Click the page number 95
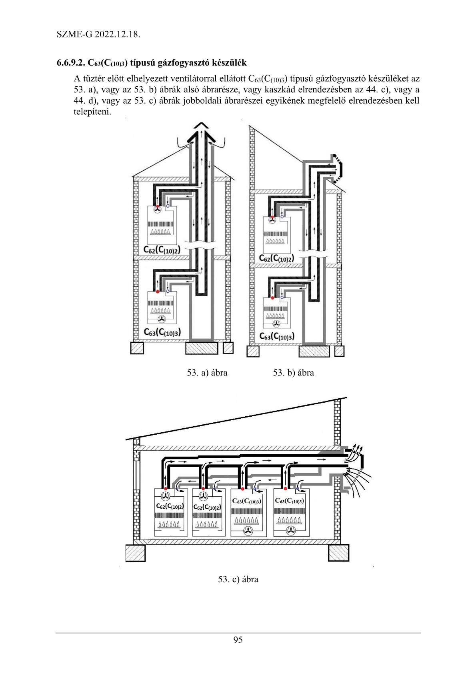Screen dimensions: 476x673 pyautogui.click(x=238, y=640)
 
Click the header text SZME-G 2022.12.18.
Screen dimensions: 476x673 pyautogui.click(x=98, y=34)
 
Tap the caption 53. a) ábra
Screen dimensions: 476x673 pyautogui.click(x=207, y=373)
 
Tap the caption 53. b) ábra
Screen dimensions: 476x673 pyautogui.click(x=294, y=373)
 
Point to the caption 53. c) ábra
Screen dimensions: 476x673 pyautogui.click(x=238, y=579)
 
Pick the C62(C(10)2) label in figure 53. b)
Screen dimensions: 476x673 pyautogui.click(x=276, y=258)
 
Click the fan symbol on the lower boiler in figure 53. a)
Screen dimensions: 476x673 pyautogui.click(x=162, y=319)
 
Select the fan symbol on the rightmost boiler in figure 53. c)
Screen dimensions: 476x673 pyautogui.click(x=291, y=531)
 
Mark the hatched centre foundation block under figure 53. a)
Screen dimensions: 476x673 pyautogui.click(x=202, y=348)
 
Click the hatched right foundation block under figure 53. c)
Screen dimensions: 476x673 pyautogui.click(x=339, y=553)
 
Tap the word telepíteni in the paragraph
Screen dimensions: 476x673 pyautogui.click(x=91, y=112)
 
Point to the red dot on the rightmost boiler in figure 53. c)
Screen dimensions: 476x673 pyautogui.click(x=285, y=488)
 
